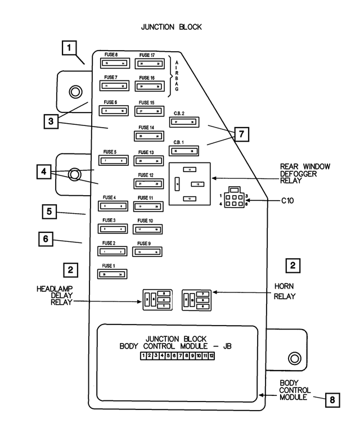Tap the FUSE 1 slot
pyautogui.click(x=112, y=274)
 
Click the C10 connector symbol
pyautogui.click(x=233, y=199)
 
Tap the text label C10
pyautogui.click(x=287, y=200)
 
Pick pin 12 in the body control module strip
pyautogui.click(x=211, y=356)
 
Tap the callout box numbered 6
pyautogui.click(x=47, y=239)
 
